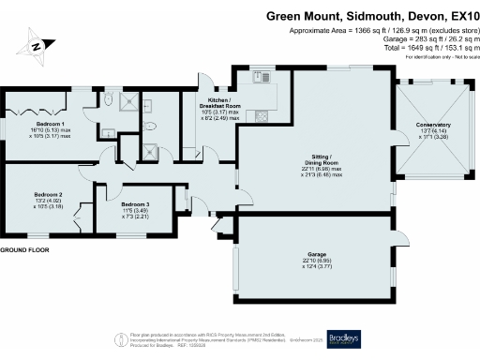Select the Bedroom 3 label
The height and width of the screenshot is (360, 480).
(135, 203)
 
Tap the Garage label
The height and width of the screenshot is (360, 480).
(316, 255)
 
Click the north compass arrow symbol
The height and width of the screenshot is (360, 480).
(34, 43)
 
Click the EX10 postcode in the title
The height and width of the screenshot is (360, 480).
(459, 16)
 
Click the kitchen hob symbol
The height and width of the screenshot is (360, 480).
(261, 115)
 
